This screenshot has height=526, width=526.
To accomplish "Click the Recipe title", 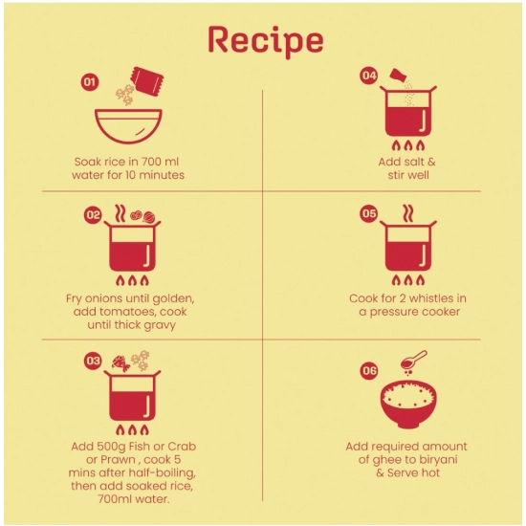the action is pos(266,41).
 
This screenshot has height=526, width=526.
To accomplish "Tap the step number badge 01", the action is pos(90,82).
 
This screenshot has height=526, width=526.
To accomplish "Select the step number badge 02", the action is pos(93,214).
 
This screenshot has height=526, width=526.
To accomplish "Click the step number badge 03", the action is pos(93,361).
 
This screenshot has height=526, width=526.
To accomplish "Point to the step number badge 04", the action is pos(369,76).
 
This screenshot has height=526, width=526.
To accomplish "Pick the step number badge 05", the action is pos(369,213).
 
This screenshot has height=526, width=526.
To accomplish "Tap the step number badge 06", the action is pos(369,371).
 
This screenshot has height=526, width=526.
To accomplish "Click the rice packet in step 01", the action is pos(147,81).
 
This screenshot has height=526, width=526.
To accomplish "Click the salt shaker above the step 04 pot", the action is pos(398,75).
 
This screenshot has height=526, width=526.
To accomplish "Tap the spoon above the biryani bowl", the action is pos(413,360).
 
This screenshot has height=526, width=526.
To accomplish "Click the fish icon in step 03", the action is pos(121,363).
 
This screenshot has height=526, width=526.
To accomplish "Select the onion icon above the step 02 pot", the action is pos(148,216).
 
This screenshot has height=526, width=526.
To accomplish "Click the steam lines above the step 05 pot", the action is pos(408,213).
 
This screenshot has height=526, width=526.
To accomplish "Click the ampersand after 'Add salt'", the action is pos(431,162).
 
